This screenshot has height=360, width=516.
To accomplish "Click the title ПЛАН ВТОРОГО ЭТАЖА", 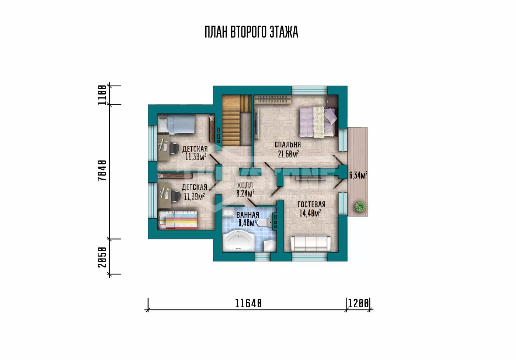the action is pos(251,32).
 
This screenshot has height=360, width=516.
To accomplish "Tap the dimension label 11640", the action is pos(248,303).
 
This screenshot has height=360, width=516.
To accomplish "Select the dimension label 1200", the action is pos(358,303).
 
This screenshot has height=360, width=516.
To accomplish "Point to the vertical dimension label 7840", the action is pos(102,170).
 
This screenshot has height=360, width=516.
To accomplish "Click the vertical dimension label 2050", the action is pos(102,257).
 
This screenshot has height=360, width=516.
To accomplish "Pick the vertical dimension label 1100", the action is pos(102,95).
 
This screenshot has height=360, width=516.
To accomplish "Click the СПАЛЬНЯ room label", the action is pos(288,145).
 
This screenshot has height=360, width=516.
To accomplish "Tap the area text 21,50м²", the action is pos(288,154).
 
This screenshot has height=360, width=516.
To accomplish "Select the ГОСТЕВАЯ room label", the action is pos(311,204).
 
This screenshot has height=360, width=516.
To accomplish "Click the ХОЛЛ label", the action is pos(245,185).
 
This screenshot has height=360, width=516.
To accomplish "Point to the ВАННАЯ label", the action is pos(248,215).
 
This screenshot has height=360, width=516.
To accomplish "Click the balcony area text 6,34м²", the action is pos(358,175).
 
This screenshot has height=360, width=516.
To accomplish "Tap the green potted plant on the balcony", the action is pos(360,207).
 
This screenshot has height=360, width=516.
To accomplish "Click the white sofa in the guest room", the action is pos(310,243).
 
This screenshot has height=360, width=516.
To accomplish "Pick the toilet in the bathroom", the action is pos(265,223).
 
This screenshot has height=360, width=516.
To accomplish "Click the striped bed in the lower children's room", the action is pos(178,220).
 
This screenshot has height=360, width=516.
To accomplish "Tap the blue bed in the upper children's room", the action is pos(177,124).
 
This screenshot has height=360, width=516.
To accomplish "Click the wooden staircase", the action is pos(237,120).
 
